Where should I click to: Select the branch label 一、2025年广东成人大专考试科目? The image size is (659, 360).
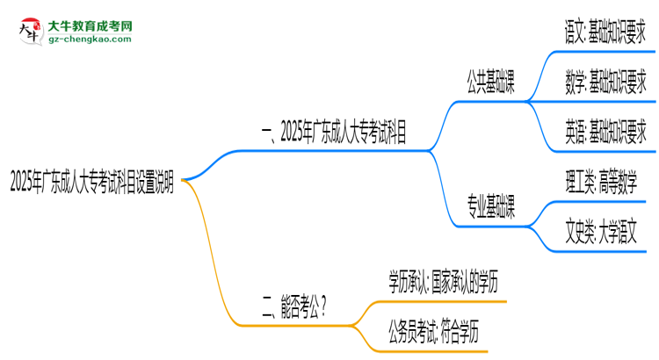point(334,133)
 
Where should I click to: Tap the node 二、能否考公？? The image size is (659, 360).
point(295,306)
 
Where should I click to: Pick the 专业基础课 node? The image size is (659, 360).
point(490,209)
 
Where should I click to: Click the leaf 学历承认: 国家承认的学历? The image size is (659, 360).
point(445,281)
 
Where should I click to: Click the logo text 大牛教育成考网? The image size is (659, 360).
point(90,26)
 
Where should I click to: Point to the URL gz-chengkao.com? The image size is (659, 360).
point(90,40)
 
